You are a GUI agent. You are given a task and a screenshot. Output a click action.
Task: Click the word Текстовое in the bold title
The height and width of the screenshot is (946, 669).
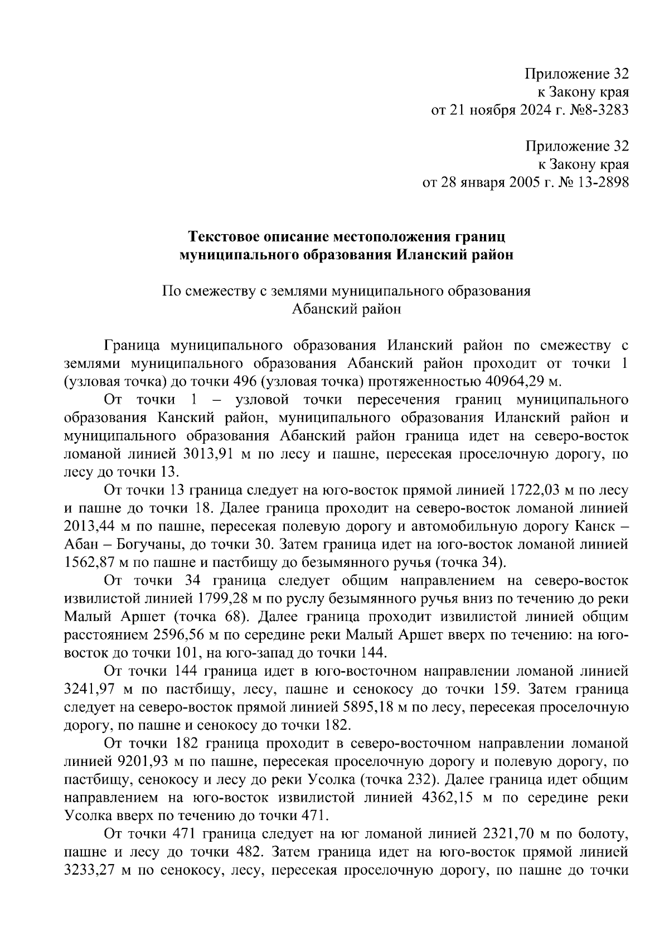coord(226,237)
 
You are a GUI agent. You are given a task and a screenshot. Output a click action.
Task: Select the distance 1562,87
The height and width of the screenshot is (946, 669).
coord(93,563)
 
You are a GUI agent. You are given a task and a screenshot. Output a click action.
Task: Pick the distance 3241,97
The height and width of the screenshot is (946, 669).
coord(93,690)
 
